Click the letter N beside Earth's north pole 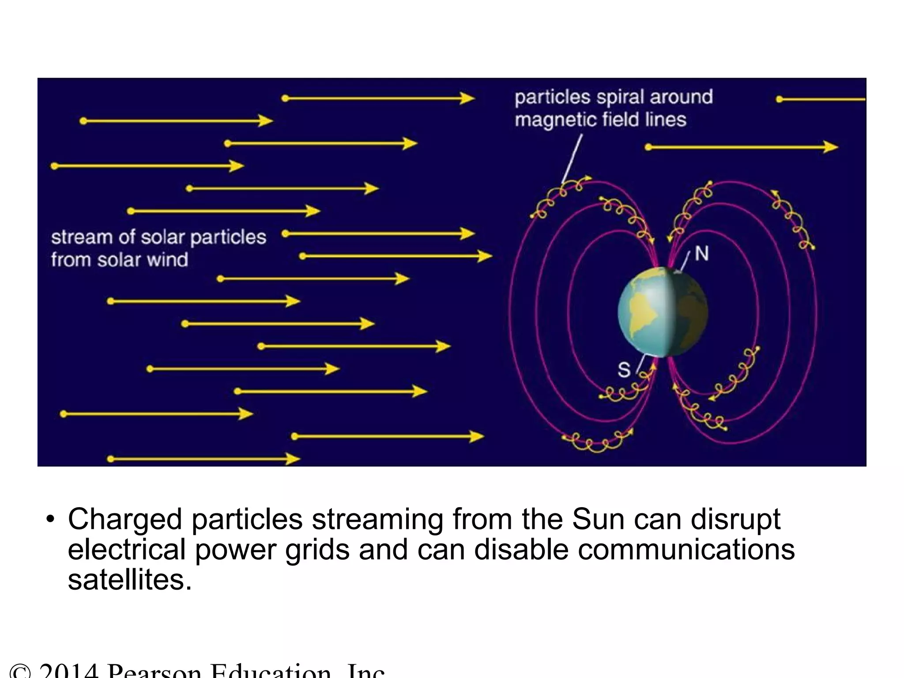(x=701, y=254)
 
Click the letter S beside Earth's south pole (x=624, y=370)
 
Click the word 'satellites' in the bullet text (x=130, y=579)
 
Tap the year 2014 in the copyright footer (x=68, y=672)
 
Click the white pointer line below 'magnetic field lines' (x=572, y=159)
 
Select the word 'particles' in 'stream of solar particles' (x=228, y=237)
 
